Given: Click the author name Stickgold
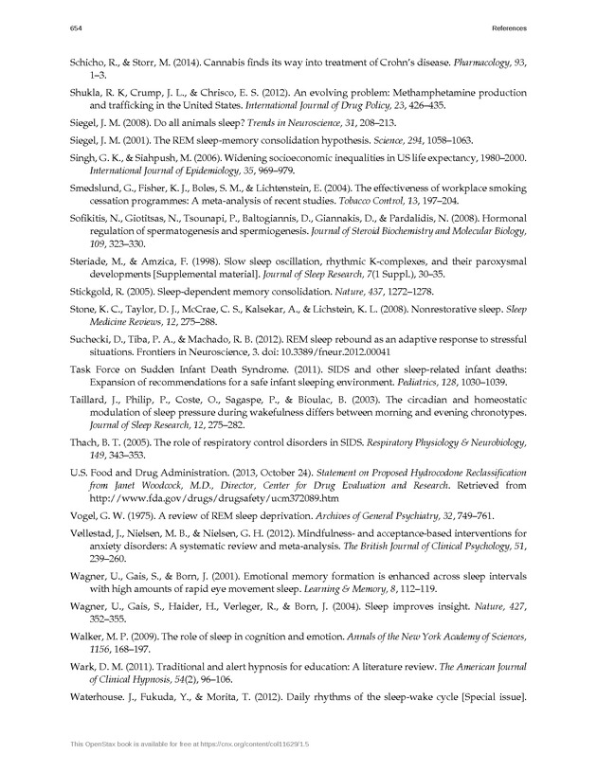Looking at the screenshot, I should [94, 311].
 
